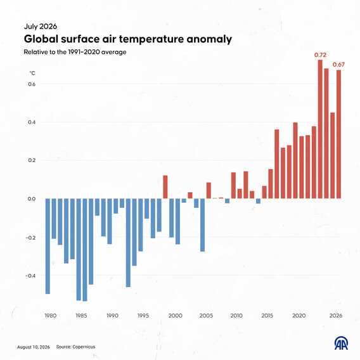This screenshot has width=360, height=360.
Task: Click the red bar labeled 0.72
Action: pyautogui.click(x=320, y=129)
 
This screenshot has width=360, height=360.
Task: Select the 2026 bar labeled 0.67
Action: pyautogui.click(x=338, y=134)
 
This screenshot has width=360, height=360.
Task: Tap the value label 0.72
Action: pyautogui.click(x=320, y=55)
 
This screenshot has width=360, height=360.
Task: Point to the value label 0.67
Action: pyautogui.click(x=338, y=65)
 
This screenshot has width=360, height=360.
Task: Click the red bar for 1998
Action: pyautogui.click(x=165, y=187)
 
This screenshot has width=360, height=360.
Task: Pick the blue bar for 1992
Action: pyautogui.click(x=128, y=243)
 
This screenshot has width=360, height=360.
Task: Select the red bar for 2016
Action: pyautogui.click(x=277, y=164)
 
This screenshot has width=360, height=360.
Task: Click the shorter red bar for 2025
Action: pyautogui.click(x=333, y=155)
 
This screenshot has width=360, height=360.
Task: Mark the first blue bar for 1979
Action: pyautogui.click(x=48, y=246)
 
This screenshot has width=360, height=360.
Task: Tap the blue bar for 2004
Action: pyautogui.click(x=203, y=225)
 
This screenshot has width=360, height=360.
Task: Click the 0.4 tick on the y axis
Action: pyautogui.click(x=32, y=122)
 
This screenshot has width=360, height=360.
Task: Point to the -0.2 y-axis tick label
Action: pyautogui.click(x=31, y=238)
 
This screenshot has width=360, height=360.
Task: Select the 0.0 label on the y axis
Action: pyautogui.click(x=32, y=199)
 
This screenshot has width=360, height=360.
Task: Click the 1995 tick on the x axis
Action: pyautogui.click(x=143, y=316)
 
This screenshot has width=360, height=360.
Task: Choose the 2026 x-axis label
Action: pyautogui.click(x=336, y=316)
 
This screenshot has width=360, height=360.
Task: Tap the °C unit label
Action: pyautogui.click(x=32, y=73)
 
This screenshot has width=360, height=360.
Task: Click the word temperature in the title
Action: pyautogui.click(x=151, y=39)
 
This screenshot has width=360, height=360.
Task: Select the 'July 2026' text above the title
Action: pyautogui.click(x=41, y=27)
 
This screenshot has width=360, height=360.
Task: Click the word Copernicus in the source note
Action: pyautogui.click(x=84, y=347)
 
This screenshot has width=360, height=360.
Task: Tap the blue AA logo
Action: pyautogui.click(x=341, y=343)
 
